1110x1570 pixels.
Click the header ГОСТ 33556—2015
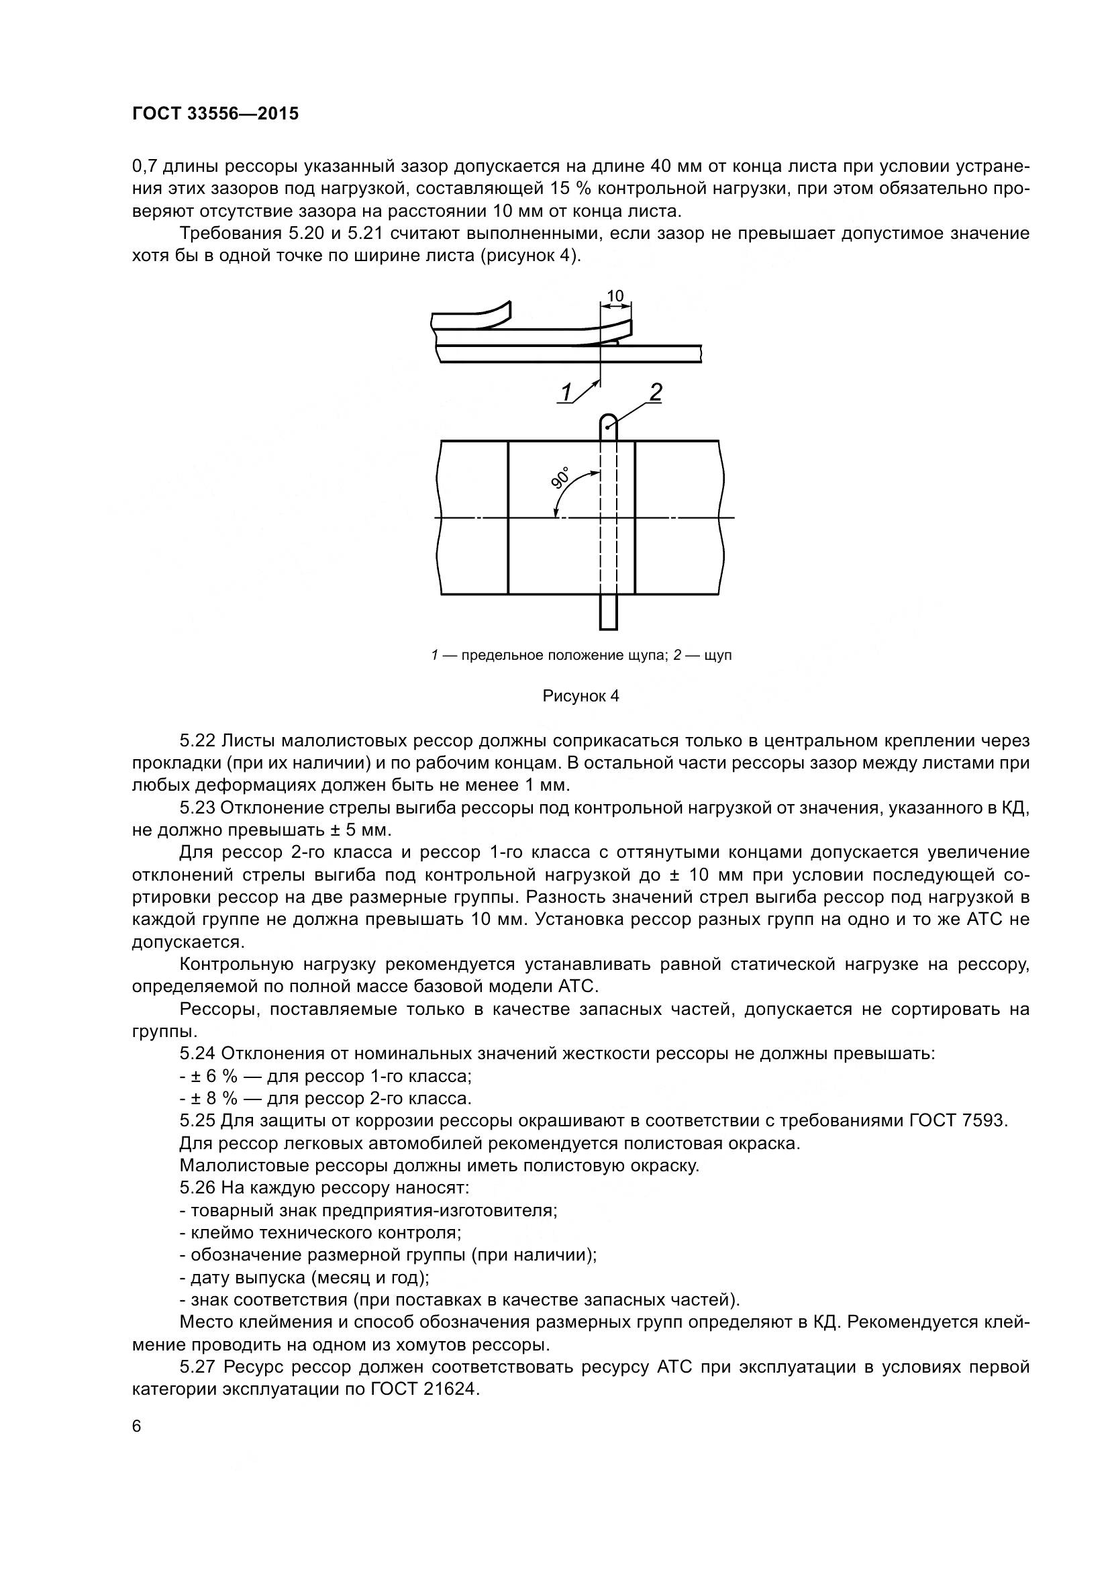[215, 113]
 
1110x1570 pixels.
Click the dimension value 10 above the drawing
[615, 295]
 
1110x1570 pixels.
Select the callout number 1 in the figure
[566, 393]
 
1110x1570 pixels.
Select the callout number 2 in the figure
[656, 393]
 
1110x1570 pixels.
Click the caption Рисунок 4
[581, 696]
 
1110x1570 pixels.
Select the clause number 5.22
[197, 740]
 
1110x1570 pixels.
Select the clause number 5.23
[197, 807]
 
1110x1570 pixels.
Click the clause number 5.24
[197, 1053]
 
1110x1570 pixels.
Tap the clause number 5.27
[197, 1367]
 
